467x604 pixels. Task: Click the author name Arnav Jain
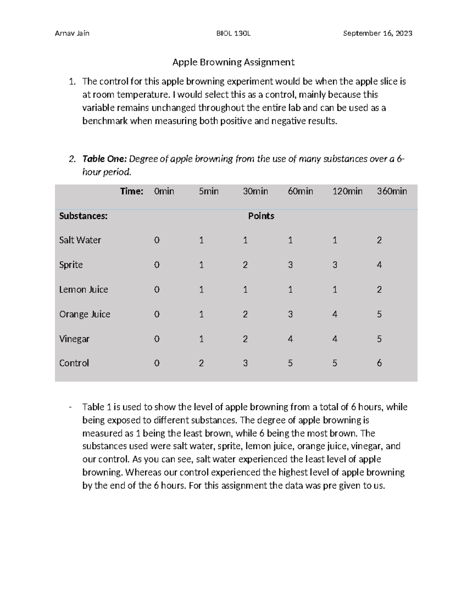click(72, 33)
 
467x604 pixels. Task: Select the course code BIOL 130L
click(233, 33)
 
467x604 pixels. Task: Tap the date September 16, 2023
click(377, 33)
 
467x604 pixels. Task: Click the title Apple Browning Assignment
click(233, 62)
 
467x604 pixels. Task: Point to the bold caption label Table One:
click(104, 159)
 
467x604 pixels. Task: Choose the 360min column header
click(392, 191)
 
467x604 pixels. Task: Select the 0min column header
click(164, 191)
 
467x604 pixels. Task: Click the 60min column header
click(300, 191)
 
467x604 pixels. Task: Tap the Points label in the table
click(261, 216)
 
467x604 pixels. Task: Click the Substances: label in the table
click(83, 216)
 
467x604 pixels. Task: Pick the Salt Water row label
click(80, 240)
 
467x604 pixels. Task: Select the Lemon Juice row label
click(83, 290)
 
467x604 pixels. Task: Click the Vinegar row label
click(74, 339)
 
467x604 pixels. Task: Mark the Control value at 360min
click(379, 363)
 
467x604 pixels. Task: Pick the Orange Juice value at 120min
click(335, 314)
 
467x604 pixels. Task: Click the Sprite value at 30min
click(245, 265)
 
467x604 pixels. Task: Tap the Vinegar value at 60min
click(290, 339)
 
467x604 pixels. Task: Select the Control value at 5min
click(201, 363)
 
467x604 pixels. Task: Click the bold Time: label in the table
click(132, 191)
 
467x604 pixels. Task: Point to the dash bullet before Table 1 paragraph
click(70, 407)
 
